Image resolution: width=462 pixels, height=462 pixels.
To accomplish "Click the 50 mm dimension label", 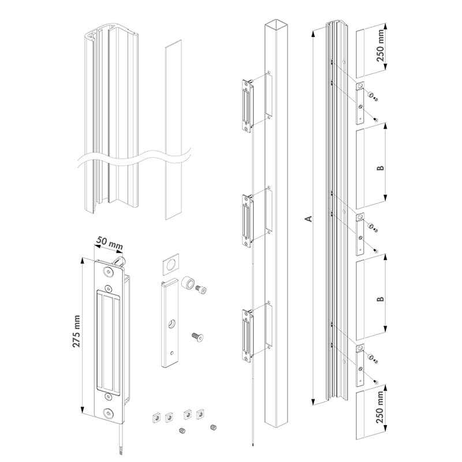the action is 110,243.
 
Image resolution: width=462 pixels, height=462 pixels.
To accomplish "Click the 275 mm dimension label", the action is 77,331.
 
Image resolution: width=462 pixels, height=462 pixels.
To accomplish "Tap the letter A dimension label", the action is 308,219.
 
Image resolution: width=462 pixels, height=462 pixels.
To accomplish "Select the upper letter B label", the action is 381,168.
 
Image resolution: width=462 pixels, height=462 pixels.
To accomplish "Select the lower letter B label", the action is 381,299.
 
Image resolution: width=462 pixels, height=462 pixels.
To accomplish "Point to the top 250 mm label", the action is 381,46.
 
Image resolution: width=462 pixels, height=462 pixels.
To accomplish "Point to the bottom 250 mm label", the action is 381,407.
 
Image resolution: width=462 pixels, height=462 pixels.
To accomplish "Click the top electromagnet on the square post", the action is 248,105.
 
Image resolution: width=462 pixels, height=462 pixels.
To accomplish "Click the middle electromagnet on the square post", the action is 248,219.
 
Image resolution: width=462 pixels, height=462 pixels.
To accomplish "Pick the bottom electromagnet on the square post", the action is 248,335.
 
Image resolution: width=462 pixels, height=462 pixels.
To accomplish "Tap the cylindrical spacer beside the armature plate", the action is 188,284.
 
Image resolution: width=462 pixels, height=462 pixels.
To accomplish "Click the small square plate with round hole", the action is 170,264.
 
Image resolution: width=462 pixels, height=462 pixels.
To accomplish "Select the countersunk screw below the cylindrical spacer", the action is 197,337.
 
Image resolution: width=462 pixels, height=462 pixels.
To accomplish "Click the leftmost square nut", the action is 155,417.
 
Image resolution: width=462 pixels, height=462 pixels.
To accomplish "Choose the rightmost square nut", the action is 200,414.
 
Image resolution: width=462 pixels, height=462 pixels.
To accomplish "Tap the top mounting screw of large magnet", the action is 109,271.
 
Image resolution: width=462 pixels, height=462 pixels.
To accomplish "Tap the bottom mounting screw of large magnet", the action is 109,413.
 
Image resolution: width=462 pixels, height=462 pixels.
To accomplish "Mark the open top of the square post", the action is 277,25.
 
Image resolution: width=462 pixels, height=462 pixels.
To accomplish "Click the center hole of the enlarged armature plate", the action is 170,324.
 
